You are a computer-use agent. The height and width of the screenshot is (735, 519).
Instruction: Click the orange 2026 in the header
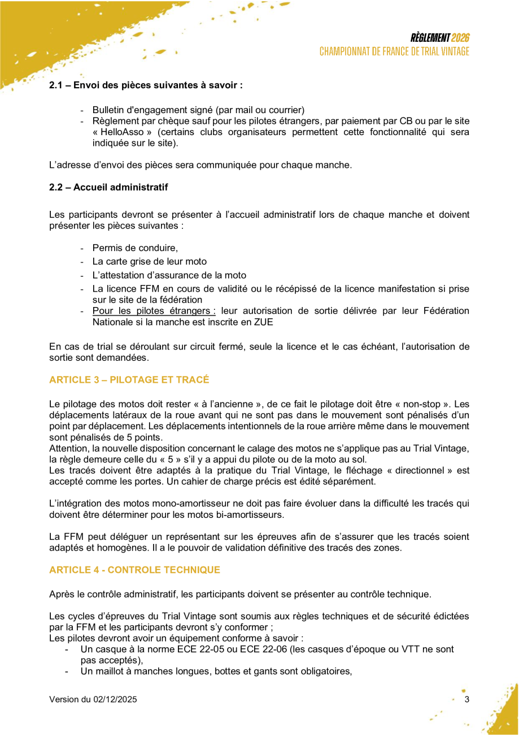coord(461,38)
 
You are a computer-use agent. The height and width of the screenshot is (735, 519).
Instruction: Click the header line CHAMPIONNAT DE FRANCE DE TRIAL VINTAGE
coord(394,51)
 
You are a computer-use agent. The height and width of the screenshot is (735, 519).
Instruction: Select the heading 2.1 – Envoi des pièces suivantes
coord(146,85)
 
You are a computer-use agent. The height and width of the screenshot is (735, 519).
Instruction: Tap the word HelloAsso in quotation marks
coord(124,132)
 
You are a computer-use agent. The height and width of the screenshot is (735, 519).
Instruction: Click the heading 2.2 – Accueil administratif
coord(108,186)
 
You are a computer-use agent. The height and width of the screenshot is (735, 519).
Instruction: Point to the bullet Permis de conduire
coord(135,248)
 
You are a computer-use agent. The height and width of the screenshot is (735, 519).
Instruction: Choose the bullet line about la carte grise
coord(149,262)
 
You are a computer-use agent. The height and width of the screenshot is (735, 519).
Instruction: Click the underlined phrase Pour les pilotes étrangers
coord(154,310)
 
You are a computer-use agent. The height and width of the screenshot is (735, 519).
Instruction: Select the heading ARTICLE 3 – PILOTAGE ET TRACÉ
coord(129,379)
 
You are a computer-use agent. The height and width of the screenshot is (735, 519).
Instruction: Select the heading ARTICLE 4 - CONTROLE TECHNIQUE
coord(134,570)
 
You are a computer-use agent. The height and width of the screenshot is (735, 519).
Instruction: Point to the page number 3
coord(466,699)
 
